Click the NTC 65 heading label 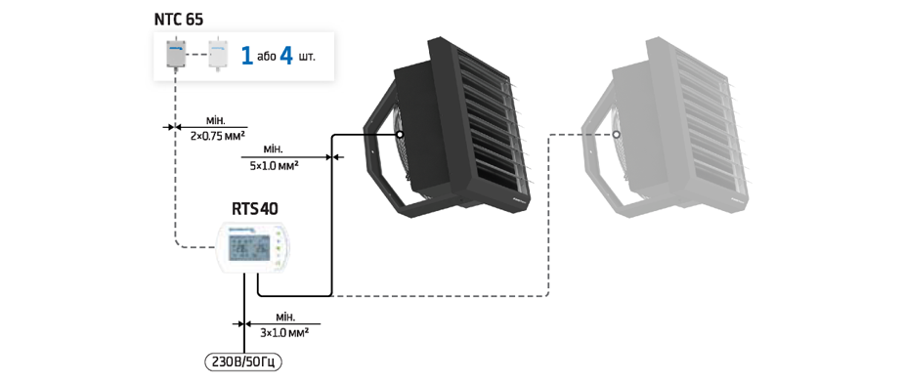tap(179, 19)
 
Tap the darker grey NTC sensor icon tap(176, 54)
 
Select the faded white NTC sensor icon tap(218, 54)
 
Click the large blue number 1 tap(247, 57)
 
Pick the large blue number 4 tap(286, 57)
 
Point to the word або tap(266, 57)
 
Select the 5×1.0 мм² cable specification tap(274, 165)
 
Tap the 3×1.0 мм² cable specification tap(284, 332)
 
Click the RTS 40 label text tap(254, 208)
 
